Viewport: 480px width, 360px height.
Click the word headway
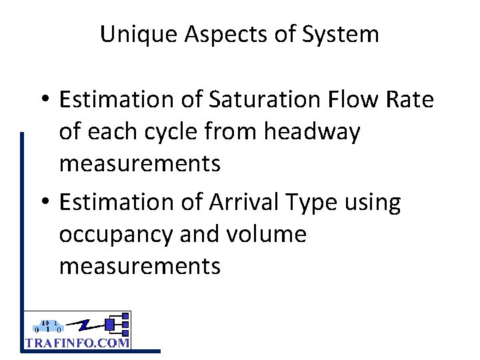coord(312,132)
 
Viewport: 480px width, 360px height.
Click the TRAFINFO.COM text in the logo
coord(77,342)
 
